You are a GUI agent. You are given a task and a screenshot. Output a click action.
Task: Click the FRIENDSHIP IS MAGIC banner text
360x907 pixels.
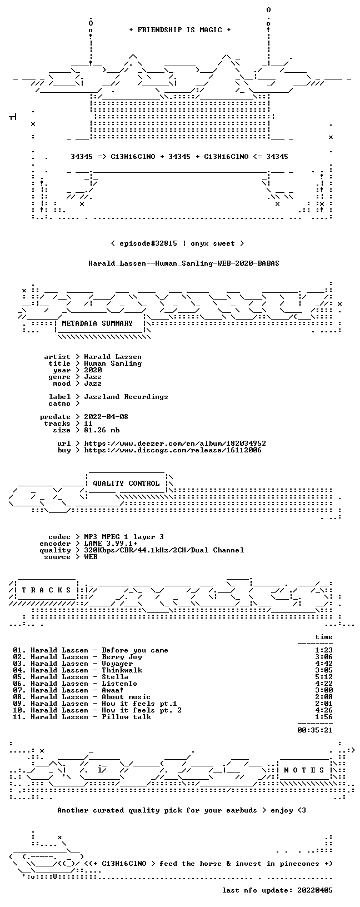point(180,30)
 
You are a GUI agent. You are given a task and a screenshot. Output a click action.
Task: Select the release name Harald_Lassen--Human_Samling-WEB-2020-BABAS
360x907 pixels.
point(184,263)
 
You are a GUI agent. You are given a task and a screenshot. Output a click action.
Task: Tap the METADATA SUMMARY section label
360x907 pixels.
point(97,323)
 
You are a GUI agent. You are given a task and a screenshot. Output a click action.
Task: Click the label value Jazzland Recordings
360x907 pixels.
point(126,397)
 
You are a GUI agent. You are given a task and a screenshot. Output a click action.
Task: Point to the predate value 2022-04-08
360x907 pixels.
point(106,417)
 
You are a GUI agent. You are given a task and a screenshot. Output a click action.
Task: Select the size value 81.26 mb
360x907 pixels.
point(102,430)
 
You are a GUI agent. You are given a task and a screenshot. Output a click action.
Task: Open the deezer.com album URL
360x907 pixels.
point(175,443)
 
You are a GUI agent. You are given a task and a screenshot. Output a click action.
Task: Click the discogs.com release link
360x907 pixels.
point(173,450)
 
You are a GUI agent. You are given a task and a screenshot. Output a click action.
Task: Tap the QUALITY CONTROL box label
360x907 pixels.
point(126,484)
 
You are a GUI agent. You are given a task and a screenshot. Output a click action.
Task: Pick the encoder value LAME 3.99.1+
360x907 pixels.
point(111,544)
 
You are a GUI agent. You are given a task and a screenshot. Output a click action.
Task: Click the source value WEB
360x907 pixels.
point(91,557)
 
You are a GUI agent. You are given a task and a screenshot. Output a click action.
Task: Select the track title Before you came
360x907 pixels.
point(135,650)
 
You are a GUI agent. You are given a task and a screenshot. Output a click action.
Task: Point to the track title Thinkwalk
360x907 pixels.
point(122,670)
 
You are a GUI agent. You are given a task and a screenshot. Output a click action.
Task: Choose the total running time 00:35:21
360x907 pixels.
point(315,730)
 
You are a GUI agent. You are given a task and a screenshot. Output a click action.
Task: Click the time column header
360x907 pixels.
point(324,637)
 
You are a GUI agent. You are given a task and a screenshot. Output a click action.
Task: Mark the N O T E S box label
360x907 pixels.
point(304,770)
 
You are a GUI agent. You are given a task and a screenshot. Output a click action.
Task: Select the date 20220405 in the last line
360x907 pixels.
point(315,890)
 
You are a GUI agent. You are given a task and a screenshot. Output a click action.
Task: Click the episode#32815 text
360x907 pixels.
point(148,243)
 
